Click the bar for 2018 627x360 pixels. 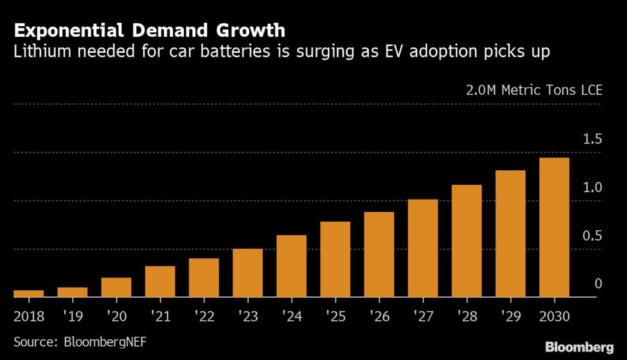(x=29, y=294)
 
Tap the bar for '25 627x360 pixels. (x=336, y=260)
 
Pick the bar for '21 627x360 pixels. (x=160, y=282)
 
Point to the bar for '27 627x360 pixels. (x=423, y=249)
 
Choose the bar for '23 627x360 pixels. (x=247, y=273)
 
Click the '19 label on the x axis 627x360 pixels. (x=72, y=317)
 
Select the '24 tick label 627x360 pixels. (x=291, y=317)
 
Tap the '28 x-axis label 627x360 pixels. (x=467, y=317)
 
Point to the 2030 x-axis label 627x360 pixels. (x=554, y=317)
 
